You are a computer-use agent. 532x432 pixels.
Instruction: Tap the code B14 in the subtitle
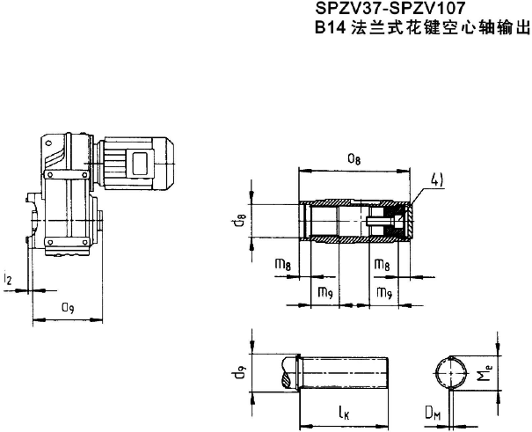coord(327,28)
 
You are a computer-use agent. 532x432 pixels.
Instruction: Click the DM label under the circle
coord(432,412)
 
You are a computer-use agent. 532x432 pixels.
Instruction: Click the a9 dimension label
coord(66,307)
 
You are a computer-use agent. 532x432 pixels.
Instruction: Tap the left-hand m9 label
coord(325,292)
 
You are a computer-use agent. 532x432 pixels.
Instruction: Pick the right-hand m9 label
coord(384,292)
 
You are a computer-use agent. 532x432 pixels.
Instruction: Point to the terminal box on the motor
coord(140,164)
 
